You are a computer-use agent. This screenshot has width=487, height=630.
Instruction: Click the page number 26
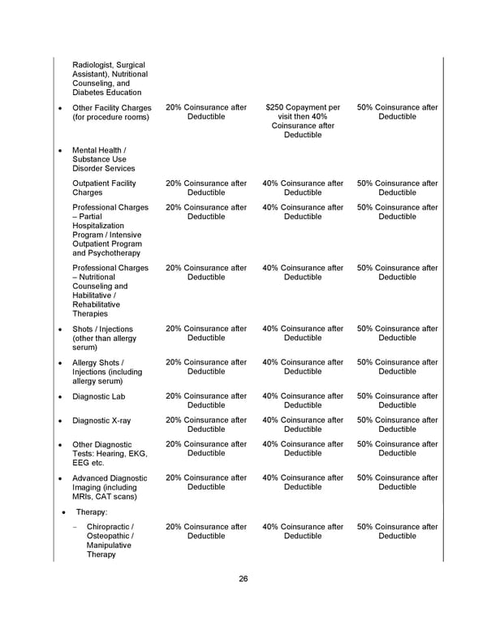(x=243, y=579)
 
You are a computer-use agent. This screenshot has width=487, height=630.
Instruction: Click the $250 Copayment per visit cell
(x=303, y=121)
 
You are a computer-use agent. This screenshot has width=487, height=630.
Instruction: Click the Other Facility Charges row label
(x=111, y=112)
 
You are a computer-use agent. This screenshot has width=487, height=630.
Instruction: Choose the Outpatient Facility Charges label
(x=104, y=188)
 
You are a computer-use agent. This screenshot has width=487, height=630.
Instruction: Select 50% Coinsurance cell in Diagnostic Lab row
(x=397, y=401)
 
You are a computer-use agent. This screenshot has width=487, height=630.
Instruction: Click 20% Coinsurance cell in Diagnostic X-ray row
(x=206, y=425)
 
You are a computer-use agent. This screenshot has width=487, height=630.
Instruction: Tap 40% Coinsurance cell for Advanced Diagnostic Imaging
(x=303, y=482)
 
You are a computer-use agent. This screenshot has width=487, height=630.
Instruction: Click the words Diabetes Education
(x=106, y=93)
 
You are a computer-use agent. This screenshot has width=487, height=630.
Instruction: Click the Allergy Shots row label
(x=104, y=372)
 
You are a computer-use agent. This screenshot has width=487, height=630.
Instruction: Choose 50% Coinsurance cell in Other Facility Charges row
(x=397, y=112)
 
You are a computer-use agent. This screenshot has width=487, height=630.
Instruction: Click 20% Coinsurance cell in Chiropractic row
(x=206, y=531)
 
